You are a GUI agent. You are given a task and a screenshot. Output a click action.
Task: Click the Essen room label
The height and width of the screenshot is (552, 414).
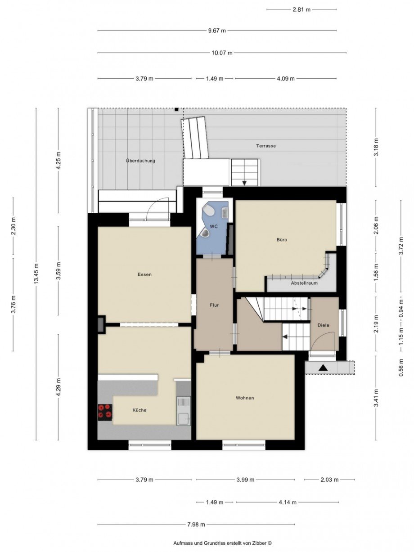144,274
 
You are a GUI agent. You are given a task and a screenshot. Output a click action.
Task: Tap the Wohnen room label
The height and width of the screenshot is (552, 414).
245,398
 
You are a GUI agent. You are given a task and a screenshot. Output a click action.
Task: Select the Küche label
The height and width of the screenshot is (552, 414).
139,410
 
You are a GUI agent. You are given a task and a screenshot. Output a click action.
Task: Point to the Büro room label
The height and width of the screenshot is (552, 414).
282,240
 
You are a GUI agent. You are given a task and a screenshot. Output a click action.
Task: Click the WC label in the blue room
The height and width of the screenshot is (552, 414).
214,226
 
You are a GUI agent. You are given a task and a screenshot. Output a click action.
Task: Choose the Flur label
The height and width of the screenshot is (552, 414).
214,305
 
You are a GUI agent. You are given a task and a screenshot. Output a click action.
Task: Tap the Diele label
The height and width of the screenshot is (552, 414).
323,325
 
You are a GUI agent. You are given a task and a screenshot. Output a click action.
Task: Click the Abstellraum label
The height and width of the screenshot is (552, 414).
304,283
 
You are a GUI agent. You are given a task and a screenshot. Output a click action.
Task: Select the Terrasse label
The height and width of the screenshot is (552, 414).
266,146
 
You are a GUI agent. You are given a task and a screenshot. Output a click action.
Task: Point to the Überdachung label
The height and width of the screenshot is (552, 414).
140,161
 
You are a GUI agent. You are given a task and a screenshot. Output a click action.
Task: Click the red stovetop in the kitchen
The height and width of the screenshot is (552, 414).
105,412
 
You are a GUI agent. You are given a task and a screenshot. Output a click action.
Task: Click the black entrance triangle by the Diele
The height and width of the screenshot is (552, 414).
323,368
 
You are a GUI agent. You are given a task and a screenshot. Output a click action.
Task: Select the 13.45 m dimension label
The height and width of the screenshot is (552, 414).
36,274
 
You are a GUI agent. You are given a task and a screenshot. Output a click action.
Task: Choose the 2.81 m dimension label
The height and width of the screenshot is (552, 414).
301,9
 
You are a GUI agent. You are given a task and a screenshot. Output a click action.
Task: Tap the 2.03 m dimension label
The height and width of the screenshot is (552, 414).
329,480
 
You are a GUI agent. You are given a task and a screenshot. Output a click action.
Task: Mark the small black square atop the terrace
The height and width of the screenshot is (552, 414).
176,109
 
